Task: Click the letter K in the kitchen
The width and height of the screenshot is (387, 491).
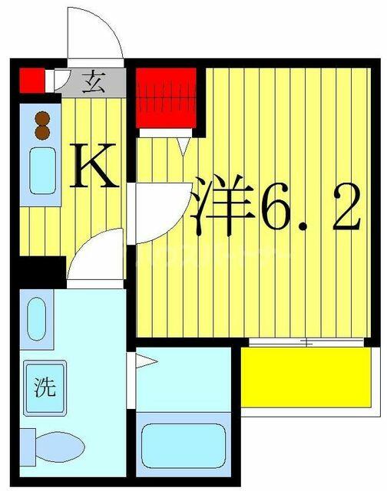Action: (x=94, y=165)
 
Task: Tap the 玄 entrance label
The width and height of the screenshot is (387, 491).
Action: (x=93, y=82)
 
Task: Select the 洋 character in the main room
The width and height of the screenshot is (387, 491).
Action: (x=223, y=205)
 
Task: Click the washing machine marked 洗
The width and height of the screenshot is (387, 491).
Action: (x=45, y=388)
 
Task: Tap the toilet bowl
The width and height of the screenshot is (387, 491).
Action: (x=60, y=447)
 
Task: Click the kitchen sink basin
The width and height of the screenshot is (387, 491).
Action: (x=43, y=170)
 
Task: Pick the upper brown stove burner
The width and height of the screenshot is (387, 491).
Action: (x=42, y=119)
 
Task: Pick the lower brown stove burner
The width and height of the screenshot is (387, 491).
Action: (x=42, y=133)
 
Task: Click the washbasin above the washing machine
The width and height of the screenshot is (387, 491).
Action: (x=37, y=319)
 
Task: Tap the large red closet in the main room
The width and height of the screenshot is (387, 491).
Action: (x=166, y=98)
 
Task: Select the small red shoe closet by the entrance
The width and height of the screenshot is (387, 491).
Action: (x=32, y=81)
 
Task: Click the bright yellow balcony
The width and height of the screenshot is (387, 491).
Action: (x=306, y=377)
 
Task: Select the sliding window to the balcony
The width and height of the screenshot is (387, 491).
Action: (x=306, y=342)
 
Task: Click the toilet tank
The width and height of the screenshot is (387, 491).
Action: (x=28, y=447)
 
